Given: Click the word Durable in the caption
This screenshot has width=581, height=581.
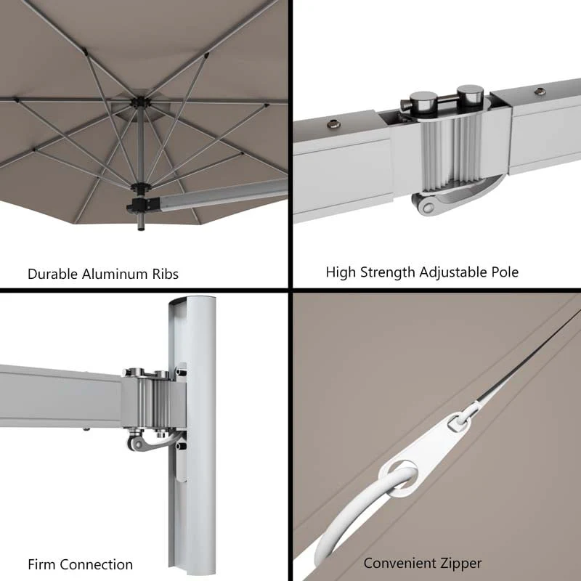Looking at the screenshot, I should click(52, 275).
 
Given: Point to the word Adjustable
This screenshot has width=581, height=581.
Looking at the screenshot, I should click(450, 272).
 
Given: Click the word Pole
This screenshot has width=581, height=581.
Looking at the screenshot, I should click(503, 272).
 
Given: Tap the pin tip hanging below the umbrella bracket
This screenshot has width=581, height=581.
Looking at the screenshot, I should click(140, 229).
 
